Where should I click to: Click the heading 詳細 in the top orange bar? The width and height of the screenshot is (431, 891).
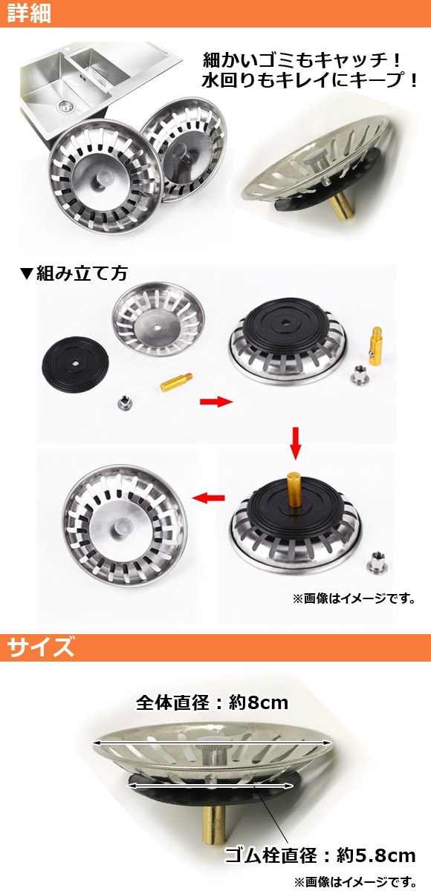(x=29, y=13)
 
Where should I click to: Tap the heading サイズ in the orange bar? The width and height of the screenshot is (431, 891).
(x=41, y=647)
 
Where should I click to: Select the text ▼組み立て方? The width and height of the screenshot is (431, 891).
(x=74, y=274)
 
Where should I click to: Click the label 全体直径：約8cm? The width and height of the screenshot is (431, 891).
(x=212, y=703)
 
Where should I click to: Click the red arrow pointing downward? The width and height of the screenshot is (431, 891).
(x=295, y=443)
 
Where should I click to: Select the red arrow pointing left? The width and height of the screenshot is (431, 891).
(x=209, y=497)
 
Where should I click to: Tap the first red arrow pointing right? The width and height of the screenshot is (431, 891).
(x=215, y=402)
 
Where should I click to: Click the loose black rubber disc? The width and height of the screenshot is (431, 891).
(x=75, y=365)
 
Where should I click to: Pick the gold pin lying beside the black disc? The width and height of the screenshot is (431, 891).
(x=176, y=382)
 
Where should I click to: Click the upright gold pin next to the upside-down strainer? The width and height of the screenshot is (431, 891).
(x=376, y=345)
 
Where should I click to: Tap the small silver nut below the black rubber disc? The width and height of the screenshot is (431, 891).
(x=125, y=403)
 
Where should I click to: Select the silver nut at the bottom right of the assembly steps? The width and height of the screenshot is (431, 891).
(x=377, y=563)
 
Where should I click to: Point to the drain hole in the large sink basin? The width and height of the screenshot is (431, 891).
(x=63, y=105)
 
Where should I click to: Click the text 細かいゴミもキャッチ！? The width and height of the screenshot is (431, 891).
(x=302, y=60)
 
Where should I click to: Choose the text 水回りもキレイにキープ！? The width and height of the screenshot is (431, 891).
(x=310, y=81)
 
